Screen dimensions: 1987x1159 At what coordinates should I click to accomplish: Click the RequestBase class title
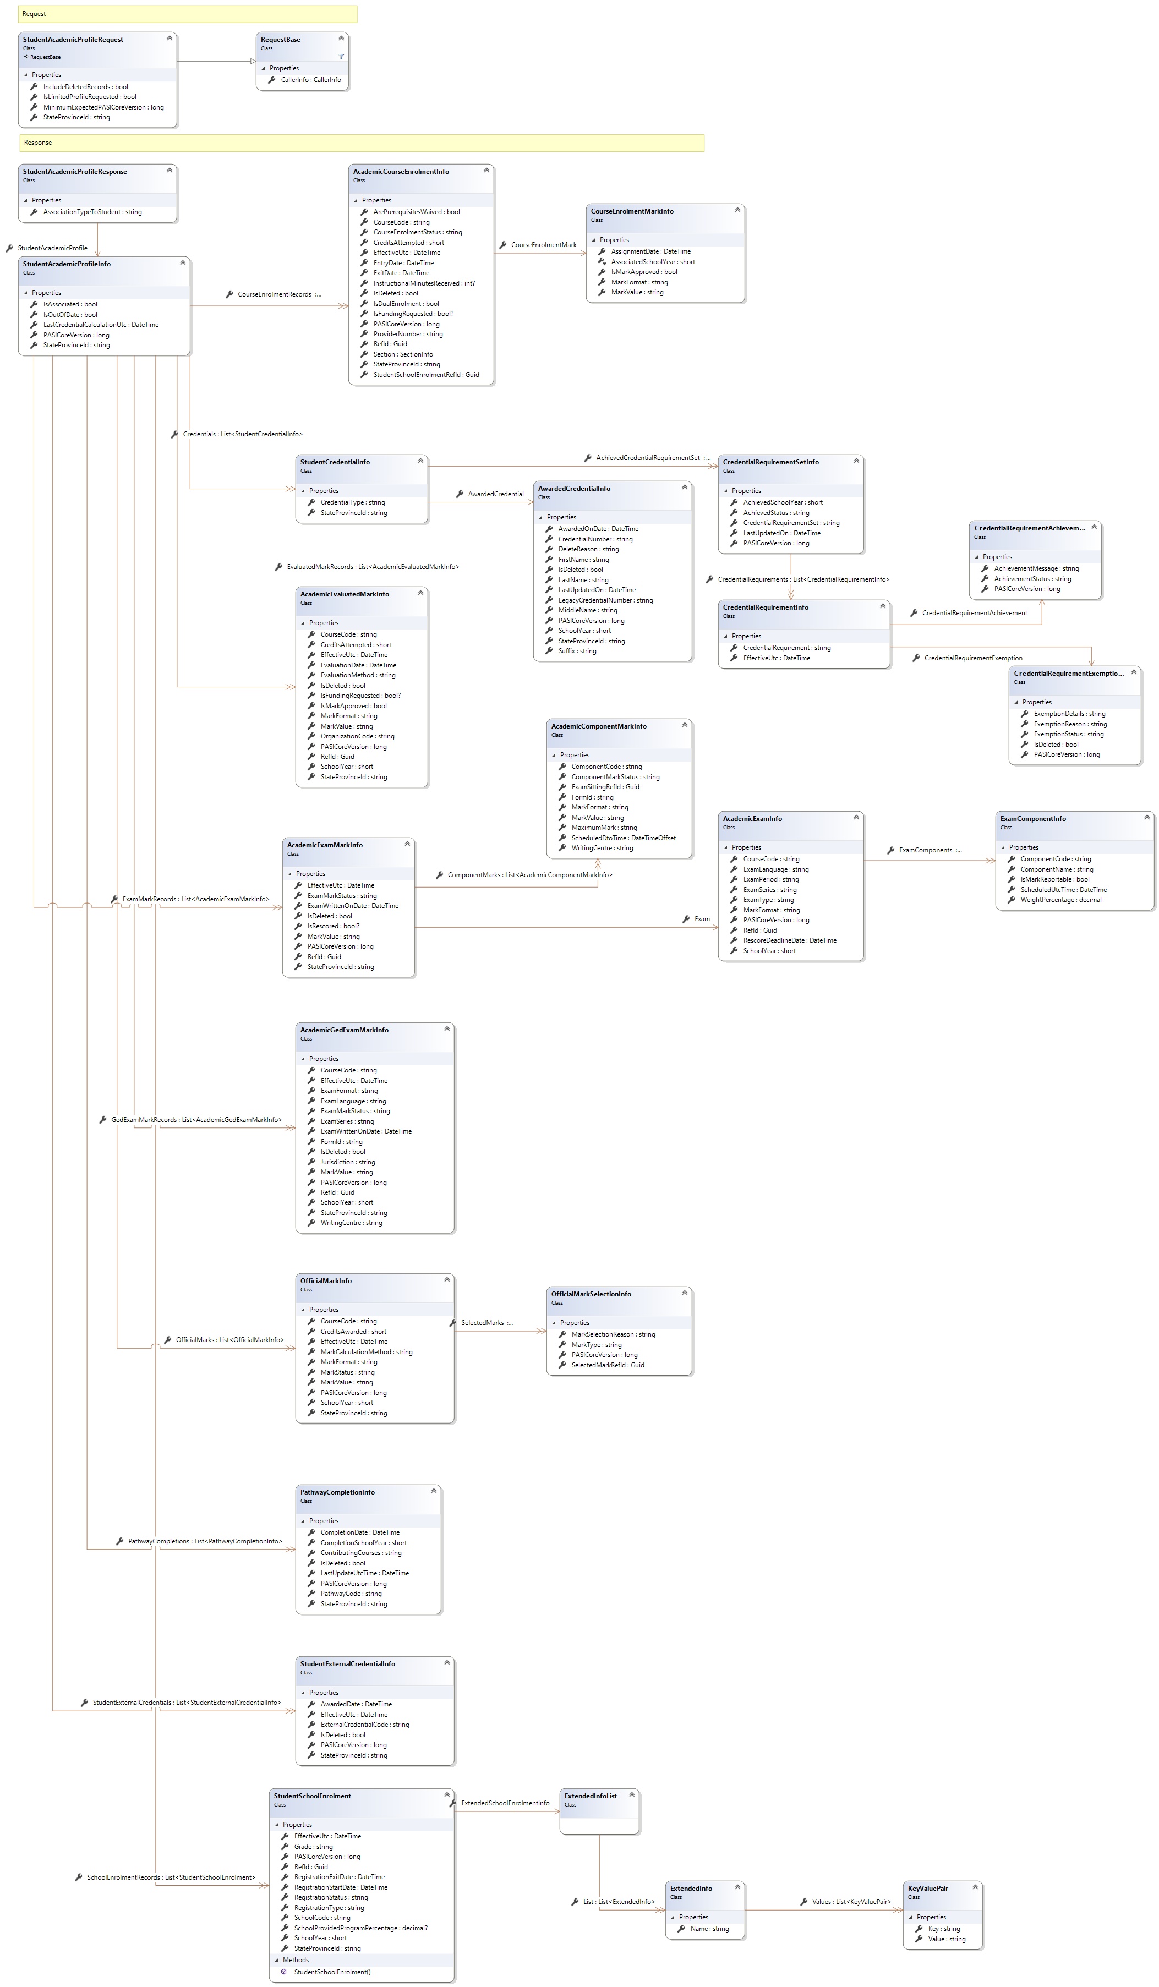tap(281, 40)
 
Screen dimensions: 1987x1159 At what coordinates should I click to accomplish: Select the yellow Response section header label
tap(38, 143)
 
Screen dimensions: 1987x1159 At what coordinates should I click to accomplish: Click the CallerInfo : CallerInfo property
tap(310, 80)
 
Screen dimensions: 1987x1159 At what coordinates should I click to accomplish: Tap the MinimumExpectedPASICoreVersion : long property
tap(103, 107)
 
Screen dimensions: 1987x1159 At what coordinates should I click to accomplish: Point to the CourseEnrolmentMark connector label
tap(543, 245)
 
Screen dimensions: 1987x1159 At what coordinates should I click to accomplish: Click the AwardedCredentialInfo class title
tap(574, 489)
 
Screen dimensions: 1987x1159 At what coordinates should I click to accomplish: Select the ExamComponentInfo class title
tap(1033, 818)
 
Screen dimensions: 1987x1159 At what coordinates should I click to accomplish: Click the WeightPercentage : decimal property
tap(1060, 900)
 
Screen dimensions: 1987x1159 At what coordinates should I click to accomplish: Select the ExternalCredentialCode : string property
tap(364, 1725)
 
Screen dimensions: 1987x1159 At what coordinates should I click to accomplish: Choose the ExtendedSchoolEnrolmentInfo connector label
tap(505, 1803)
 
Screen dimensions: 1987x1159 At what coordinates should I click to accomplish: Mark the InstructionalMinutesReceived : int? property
tap(424, 283)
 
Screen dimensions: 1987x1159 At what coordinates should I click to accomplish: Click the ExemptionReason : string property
tap(1070, 724)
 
